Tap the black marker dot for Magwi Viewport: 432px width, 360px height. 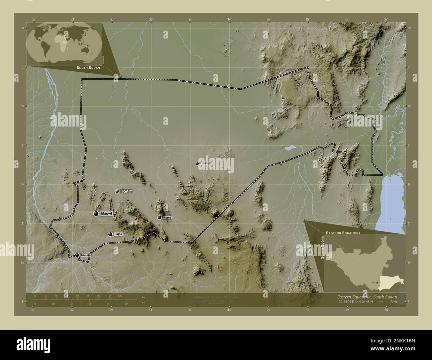point(96,214)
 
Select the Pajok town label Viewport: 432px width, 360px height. point(118,234)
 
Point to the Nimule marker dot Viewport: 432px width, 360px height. point(77,255)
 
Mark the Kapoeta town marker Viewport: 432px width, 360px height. point(197,163)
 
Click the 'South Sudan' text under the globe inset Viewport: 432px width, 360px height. point(88,68)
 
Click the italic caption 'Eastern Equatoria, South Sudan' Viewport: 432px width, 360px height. point(367,296)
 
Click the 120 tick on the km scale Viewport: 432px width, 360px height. point(120,296)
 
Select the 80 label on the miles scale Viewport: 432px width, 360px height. point(126,304)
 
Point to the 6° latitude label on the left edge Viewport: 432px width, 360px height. point(22,67)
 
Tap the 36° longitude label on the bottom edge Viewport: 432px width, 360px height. point(386,310)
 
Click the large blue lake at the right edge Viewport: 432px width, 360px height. point(391,203)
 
